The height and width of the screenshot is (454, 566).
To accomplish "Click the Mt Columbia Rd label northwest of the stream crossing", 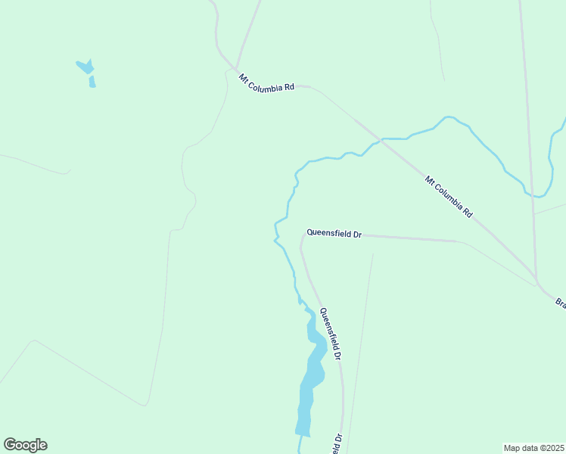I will tap(266, 82).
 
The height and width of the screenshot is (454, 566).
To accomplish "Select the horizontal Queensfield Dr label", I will tap(334, 234).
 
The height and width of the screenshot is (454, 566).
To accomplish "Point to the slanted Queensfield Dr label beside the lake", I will tap(331, 334).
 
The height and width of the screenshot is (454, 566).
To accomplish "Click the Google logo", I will tap(25, 445).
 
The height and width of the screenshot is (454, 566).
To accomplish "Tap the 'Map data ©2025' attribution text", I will tap(534, 447).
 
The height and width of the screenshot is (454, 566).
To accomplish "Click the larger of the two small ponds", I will tap(86, 67).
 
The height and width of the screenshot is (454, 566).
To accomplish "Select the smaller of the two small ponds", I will tap(92, 82).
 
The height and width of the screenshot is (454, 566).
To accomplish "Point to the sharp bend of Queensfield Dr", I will tap(303, 235).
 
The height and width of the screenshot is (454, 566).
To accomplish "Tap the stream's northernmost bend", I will tap(448, 117).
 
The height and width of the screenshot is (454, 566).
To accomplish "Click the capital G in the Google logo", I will tap(11, 445).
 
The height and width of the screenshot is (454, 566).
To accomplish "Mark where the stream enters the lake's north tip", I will tap(305, 307).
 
